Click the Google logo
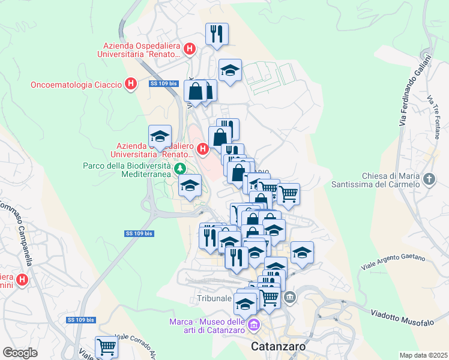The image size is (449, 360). point(20,352)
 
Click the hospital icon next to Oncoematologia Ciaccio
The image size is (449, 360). point(130,85)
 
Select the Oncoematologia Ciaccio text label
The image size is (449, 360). point(76,85)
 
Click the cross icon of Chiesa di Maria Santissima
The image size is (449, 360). point(429,179)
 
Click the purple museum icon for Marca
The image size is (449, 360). point(254,326)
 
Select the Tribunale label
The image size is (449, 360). point(214,298)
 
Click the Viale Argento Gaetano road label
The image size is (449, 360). point(393,262)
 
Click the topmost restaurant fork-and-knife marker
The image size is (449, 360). point(217,34)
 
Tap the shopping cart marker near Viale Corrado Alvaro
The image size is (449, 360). point(106,346)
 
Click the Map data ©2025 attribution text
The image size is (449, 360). point(423,355)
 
